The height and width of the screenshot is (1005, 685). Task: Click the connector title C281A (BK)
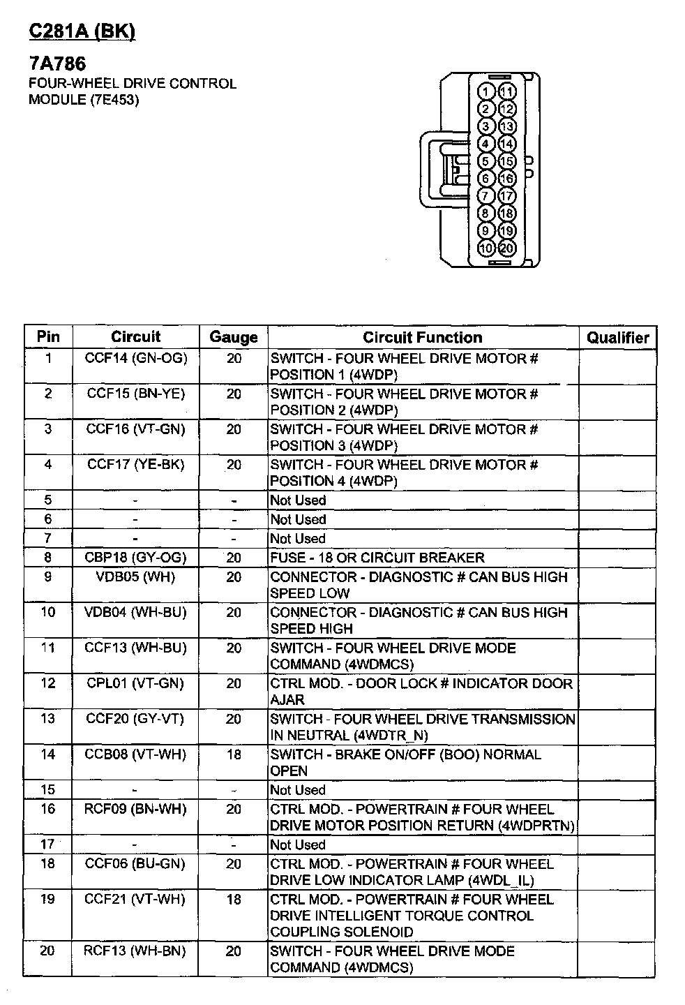click(x=81, y=31)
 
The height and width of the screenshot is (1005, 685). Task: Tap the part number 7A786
click(x=57, y=64)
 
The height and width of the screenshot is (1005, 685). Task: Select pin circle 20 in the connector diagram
click(x=507, y=248)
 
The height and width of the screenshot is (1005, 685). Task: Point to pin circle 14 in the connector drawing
click(x=507, y=144)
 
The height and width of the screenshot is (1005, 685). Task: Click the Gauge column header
click(x=233, y=338)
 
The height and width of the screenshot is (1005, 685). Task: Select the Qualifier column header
click(x=617, y=338)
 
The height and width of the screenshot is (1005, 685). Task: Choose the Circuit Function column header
click(x=422, y=338)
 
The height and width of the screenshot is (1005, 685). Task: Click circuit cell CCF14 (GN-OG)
click(x=136, y=359)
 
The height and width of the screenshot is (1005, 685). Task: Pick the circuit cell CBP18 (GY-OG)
click(x=136, y=558)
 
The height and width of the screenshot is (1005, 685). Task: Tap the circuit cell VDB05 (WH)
click(x=136, y=577)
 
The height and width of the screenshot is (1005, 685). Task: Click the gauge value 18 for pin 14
click(x=234, y=754)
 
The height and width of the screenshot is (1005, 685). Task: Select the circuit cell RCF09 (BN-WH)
click(x=136, y=809)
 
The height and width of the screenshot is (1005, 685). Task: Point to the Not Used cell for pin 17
click(x=298, y=844)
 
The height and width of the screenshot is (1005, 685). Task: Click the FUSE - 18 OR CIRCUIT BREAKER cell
click(x=377, y=558)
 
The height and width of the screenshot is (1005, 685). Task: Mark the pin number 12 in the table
click(x=47, y=683)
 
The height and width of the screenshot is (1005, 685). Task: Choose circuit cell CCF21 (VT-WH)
click(x=136, y=900)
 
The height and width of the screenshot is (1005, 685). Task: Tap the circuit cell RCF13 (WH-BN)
click(x=136, y=951)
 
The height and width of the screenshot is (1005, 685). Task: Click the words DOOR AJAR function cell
click(x=421, y=692)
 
